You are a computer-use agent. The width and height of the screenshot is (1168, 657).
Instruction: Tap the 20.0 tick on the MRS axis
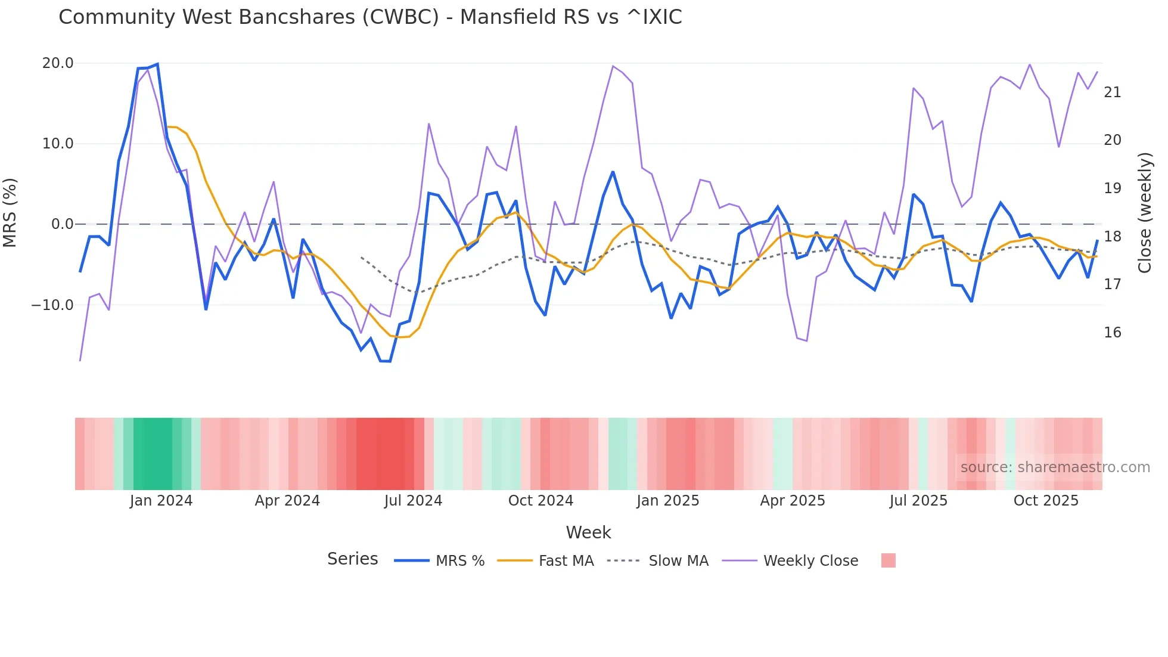coord(58,63)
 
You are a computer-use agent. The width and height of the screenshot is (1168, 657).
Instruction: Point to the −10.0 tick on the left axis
coord(52,305)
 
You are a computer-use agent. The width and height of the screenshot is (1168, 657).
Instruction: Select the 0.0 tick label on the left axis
coord(62,224)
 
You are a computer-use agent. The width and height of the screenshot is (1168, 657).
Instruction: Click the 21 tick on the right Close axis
coord(1112,92)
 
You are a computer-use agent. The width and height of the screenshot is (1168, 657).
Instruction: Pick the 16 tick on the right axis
coord(1112,333)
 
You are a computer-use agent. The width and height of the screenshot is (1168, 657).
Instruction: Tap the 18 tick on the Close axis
coord(1112,237)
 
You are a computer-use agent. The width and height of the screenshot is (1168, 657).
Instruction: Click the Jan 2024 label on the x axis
coord(161,501)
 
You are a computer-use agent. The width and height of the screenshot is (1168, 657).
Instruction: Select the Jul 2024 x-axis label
coord(413,501)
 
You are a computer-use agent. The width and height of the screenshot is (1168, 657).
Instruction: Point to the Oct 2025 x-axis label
coord(1046,501)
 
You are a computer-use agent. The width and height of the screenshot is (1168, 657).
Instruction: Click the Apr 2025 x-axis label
coord(793,501)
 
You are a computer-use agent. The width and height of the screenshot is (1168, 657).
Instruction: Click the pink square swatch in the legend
coord(888,560)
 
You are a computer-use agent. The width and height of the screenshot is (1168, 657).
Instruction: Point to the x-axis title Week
coord(588,532)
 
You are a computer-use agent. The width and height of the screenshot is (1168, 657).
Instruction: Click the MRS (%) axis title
coord(10,213)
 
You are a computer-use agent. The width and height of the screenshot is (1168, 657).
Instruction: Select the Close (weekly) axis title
coord(1145,213)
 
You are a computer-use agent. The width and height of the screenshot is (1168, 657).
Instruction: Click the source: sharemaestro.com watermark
coord(1055,467)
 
